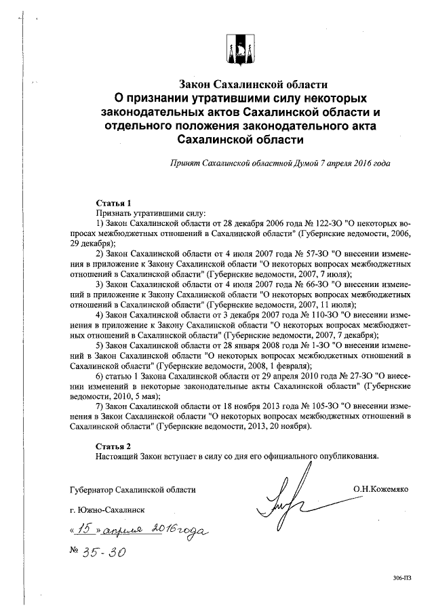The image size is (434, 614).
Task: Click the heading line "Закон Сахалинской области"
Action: (x=253, y=85)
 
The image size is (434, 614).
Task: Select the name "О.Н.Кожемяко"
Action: (x=380, y=488)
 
